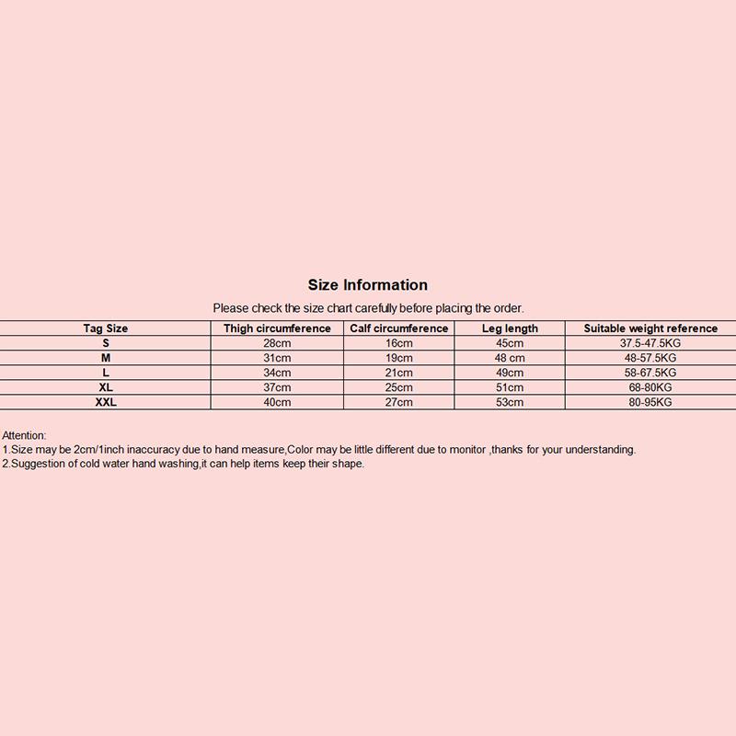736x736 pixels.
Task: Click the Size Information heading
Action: click(368, 285)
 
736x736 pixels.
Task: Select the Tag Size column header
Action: click(106, 328)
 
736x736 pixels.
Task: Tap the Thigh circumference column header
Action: click(277, 328)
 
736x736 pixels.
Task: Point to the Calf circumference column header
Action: click(399, 328)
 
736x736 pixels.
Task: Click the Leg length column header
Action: click(510, 328)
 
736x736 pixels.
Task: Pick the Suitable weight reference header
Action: click(650, 328)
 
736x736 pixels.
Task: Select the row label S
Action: click(106, 343)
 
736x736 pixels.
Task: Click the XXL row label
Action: click(106, 402)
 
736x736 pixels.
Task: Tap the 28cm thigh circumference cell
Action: click(277, 343)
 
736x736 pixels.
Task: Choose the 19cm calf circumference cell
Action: click(399, 358)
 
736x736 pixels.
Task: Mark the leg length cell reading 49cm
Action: click(510, 373)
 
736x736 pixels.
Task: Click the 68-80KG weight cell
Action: click(650, 387)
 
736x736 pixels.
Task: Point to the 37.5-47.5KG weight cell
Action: click(650, 343)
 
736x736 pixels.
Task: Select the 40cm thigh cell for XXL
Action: click(277, 402)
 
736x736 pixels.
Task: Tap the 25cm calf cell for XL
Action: click(399, 387)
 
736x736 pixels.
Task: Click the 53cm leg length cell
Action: click(510, 402)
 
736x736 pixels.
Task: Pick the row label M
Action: click(106, 358)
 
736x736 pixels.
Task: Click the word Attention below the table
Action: click(24, 435)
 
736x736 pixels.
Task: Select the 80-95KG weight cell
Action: click(650, 402)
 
